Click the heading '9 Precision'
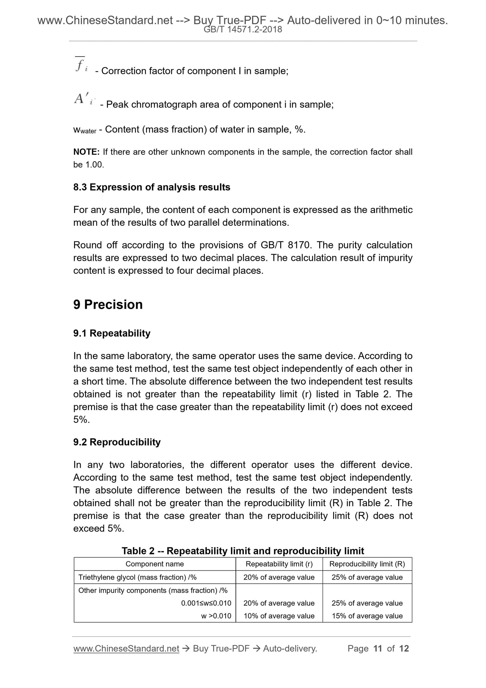[x=108, y=305]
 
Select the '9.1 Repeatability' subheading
[x=112, y=333]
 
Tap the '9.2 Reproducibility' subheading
[x=117, y=442]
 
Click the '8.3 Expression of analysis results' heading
[x=152, y=187]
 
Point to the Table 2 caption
[x=243, y=551]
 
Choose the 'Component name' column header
[x=155, y=564]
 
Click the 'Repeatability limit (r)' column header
[x=279, y=564]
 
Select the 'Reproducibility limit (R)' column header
[x=367, y=564]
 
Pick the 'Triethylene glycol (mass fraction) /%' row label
[x=138, y=577]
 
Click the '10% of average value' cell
[x=279, y=616]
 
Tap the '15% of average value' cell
[x=367, y=616]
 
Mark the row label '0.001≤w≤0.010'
[x=206, y=603]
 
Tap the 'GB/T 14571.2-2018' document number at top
[x=243, y=30]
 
